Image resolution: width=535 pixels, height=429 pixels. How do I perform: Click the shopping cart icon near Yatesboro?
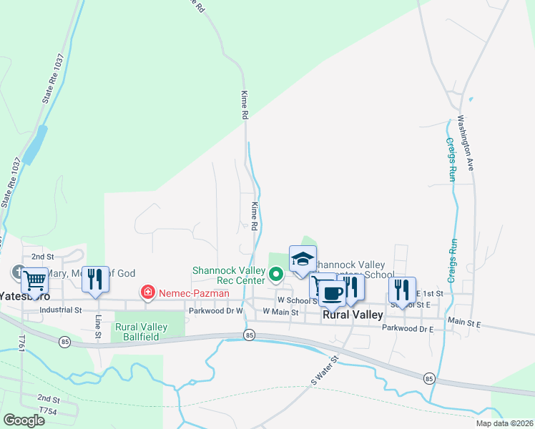point(34,280)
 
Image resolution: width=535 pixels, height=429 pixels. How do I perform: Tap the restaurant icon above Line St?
point(95,280)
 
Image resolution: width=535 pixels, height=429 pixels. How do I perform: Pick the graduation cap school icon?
point(303,259)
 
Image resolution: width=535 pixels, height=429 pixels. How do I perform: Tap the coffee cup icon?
point(333,292)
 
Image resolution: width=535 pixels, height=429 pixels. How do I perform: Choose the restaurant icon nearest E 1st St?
point(403,290)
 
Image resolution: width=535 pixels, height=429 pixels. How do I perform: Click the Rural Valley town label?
point(353,315)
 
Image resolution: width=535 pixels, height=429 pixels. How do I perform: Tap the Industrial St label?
point(62,310)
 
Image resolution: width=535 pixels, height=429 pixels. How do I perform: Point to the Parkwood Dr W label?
point(217,311)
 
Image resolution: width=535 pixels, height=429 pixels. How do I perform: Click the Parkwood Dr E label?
point(408,329)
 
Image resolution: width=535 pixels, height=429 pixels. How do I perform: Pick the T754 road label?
point(48,411)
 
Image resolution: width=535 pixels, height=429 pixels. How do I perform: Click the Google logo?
point(24,420)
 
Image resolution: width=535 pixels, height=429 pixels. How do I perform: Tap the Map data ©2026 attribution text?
point(504,423)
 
